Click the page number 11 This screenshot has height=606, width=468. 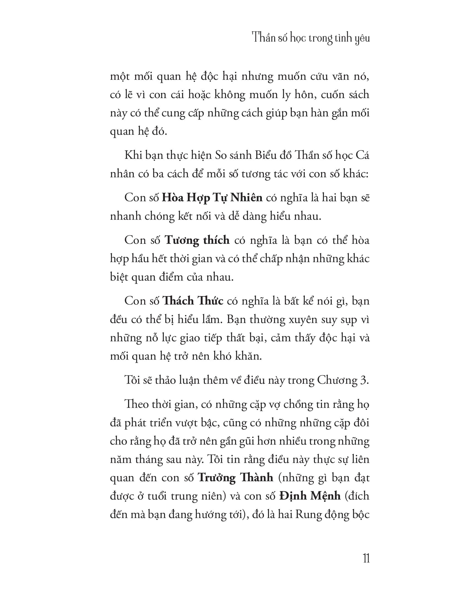[366, 558]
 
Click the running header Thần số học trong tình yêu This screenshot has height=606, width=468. [311, 38]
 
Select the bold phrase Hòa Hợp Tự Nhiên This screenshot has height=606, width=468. [212, 198]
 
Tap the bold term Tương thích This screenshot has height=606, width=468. [197, 240]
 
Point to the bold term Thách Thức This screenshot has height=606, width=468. [193, 301]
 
